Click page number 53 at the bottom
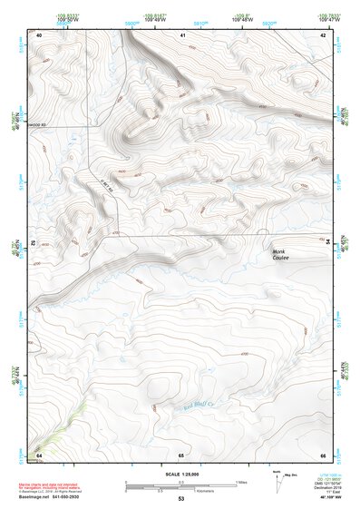point(181,499)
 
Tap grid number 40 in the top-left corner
point(40,34)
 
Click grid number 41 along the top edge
point(182,34)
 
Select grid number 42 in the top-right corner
point(324,34)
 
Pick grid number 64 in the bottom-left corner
point(40,454)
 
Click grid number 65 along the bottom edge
point(181,454)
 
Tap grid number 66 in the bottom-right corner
point(323,454)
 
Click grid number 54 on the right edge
point(326,242)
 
